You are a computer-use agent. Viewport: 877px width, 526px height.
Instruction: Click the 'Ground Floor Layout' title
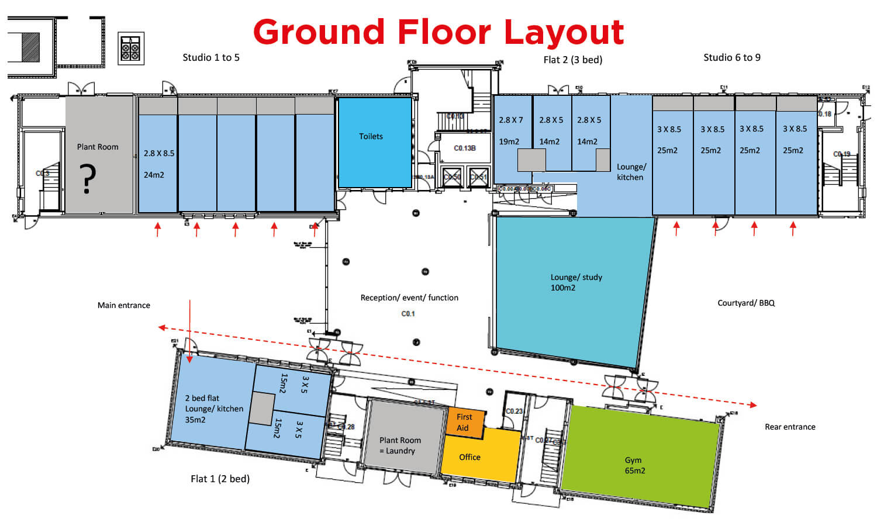[x=438, y=32]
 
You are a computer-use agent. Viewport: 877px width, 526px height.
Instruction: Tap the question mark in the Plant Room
[x=88, y=179]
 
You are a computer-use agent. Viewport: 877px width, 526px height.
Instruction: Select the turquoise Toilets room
[x=374, y=142]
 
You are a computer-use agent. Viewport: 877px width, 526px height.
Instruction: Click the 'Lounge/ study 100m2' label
[x=575, y=282]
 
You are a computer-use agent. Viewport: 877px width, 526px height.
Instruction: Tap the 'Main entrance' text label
[x=123, y=305]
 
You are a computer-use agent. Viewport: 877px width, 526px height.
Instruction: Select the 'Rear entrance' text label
[x=790, y=427]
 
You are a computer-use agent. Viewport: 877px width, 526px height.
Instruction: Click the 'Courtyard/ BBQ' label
[x=746, y=303]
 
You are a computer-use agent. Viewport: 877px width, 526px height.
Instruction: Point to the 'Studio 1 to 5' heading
[x=210, y=57]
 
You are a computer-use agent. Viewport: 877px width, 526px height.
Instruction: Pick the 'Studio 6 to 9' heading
[x=731, y=57]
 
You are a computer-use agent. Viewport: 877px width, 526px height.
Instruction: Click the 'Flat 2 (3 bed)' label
[x=572, y=60]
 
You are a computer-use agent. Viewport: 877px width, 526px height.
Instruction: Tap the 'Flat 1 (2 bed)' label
[x=220, y=479]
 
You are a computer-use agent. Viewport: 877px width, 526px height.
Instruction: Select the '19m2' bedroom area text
[x=509, y=141]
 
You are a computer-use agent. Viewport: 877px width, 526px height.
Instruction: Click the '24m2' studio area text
[x=154, y=175]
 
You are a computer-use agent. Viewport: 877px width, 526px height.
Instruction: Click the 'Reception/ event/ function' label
[x=409, y=297]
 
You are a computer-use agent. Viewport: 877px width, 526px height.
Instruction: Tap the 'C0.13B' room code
[x=465, y=148]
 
